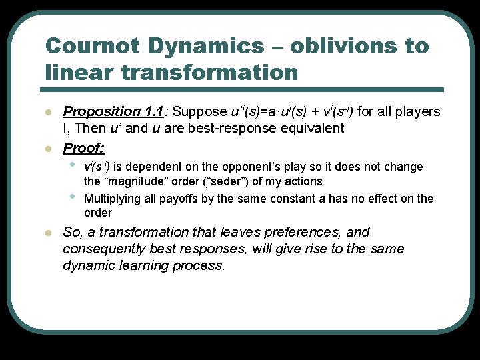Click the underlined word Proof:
coord(83,147)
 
